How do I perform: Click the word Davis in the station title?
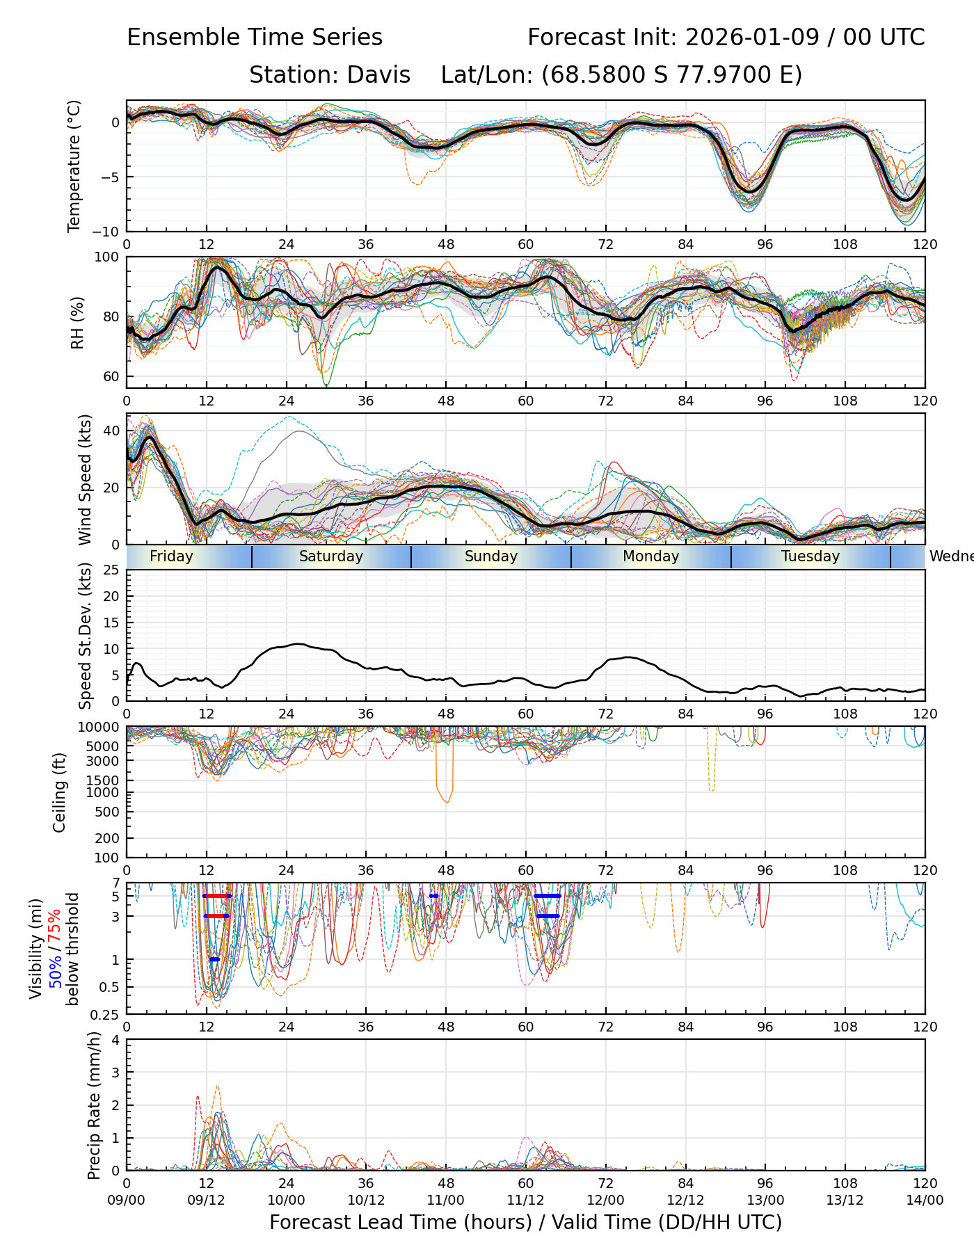pyautogui.click(x=378, y=74)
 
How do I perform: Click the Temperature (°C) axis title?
pyautogui.click(x=74, y=166)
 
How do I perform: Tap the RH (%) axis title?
pyautogui.click(x=77, y=322)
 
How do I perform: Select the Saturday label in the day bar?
pyautogui.click(x=330, y=556)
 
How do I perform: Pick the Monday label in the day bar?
pyautogui.click(x=650, y=556)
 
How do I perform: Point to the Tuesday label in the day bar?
pyautogui.click(x=810, y=556)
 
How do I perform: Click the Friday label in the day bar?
pyautogui.click(x=171, y=556)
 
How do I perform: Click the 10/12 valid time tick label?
pyautogui.click(x=366, y=1200)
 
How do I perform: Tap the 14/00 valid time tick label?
pyautogui.click(x=925, y=1200)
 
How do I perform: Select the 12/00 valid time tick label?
pyautogui.click(x=605, y=1200)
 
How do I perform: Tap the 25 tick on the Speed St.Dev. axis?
pyautogui.click(x=111, y=570)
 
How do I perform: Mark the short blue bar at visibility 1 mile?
pyautogui.click(x=214, y=959)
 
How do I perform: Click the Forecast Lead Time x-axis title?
pyautogui.click(x=525, y=1222)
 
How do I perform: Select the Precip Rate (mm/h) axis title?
pyautogui.click(x=94, y=1105)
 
